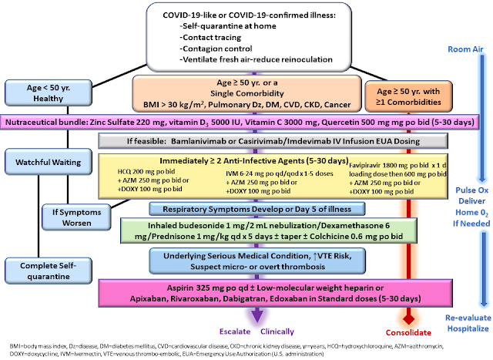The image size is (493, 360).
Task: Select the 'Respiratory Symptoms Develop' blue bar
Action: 246,208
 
